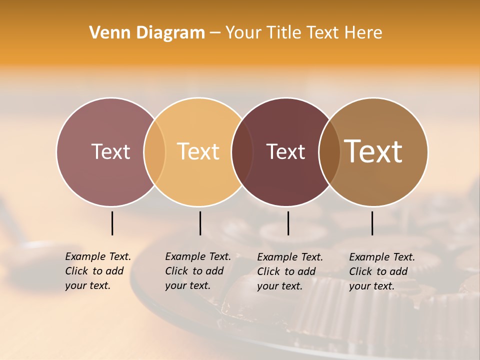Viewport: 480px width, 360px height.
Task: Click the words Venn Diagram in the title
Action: tap(147, 33)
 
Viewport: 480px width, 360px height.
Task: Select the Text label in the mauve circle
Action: tap(110, 151)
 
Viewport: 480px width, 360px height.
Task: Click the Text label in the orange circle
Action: tap(198, 151)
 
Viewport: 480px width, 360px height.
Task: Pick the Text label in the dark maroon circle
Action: tap(285, 151)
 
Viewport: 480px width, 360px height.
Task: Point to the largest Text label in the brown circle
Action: tap(373, 151)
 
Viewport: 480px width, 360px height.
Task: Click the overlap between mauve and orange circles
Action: tap(154, 151)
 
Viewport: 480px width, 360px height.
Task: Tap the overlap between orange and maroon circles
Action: tap(242, 151)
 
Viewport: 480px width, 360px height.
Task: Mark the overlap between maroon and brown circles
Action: tap(329, 151)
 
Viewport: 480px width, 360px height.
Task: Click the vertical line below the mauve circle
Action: tap(112, 223)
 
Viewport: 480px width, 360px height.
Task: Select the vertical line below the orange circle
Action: tap(200, 223)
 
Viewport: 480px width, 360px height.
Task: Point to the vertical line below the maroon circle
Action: tap(288, 223)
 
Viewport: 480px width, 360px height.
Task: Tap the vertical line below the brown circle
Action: tap(372, 223)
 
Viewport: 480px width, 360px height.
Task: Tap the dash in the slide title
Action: tap(215, 33)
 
